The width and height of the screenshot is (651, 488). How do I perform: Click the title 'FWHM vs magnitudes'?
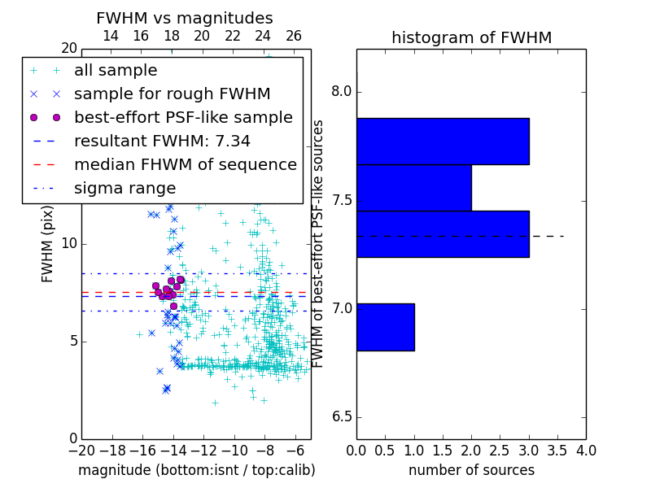185,18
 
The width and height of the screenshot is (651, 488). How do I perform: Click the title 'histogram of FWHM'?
471,37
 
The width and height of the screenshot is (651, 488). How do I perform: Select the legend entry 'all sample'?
116,71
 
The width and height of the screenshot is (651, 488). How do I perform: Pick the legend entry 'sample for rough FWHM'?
172,94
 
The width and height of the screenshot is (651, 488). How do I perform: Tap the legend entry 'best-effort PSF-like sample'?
183,118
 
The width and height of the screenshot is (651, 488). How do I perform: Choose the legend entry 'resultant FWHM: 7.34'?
162,142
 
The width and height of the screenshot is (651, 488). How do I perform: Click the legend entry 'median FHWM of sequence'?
185,165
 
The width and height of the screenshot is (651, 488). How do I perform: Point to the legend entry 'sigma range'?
125,189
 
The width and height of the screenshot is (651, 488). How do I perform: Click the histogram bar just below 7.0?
385,327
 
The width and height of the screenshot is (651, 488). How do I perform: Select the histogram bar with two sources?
414,188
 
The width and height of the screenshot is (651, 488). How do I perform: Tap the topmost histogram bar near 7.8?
443,142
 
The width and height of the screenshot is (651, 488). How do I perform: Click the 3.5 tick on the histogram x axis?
557,450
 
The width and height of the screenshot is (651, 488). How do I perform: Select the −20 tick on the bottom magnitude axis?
81,450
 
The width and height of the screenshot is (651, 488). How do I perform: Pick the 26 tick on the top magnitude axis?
294,37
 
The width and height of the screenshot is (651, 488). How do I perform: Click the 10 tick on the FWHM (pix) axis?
68,244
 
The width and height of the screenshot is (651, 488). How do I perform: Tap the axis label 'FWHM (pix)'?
48,244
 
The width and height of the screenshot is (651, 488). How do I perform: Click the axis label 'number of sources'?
471,470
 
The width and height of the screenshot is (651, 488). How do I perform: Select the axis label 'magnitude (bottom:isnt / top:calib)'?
196,470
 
